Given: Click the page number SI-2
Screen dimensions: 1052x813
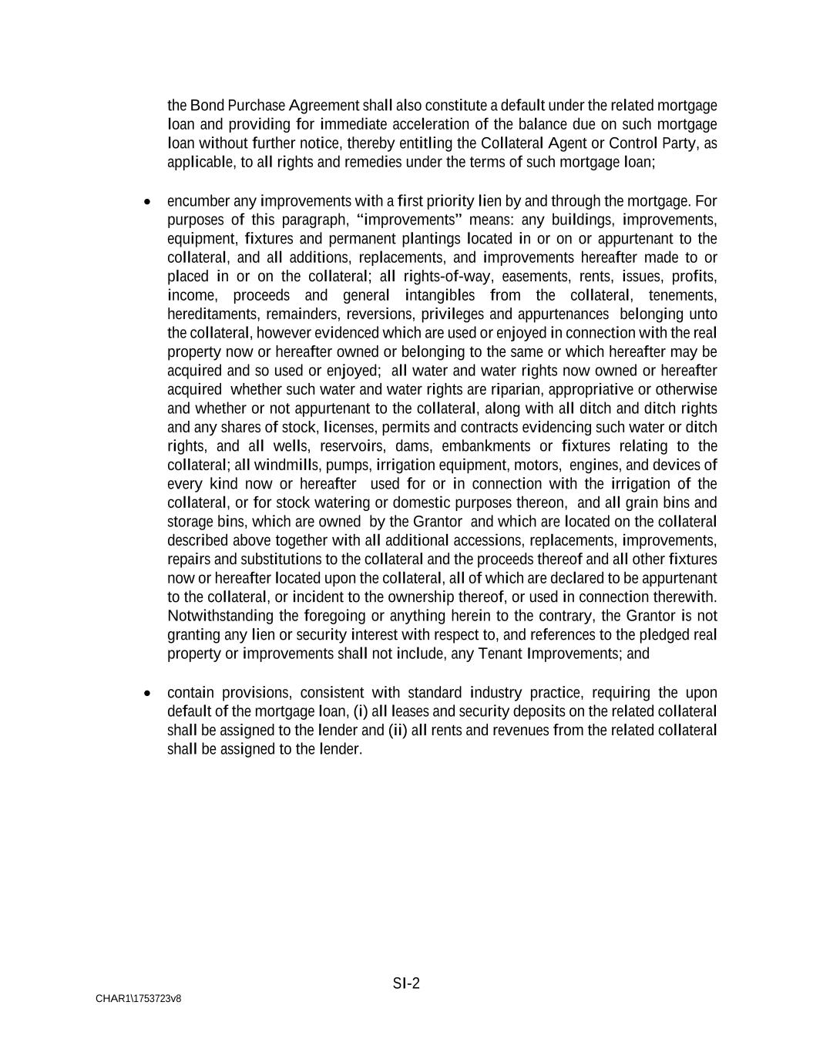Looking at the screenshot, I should point(406,983).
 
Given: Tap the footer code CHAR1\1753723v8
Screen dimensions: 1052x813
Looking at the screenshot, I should point(139,999).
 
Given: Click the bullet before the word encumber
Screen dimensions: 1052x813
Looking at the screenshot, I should point(147,202).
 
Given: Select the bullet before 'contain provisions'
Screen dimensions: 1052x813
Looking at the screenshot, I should point(147,693).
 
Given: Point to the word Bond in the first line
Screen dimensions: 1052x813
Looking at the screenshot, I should point(207,106).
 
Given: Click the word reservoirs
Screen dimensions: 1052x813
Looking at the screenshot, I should point(352,446).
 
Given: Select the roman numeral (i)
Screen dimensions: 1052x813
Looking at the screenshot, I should point(361,711).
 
